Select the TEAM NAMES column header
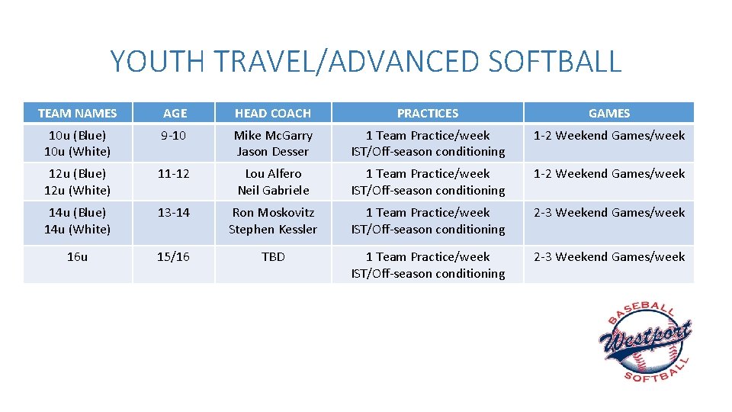click(77, 113)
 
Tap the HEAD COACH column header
click(273, 113)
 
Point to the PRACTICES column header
click(428, 113)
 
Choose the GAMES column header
click(608, 113)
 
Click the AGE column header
click(175, 113)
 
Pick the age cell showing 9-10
click(174, 135)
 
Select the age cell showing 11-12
click(174, 174)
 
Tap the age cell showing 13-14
click(174, 213)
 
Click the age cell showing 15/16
click(174, 257)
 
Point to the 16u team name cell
click(77, 257)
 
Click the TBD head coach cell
click(273, 257)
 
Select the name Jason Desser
click(273, 152)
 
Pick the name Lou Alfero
click(273, 174)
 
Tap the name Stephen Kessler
click(273, 229)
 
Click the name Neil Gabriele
click(273, 191)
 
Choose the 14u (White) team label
click(77, 229)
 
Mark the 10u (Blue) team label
click(77, 135)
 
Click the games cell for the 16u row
click(608, 257)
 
